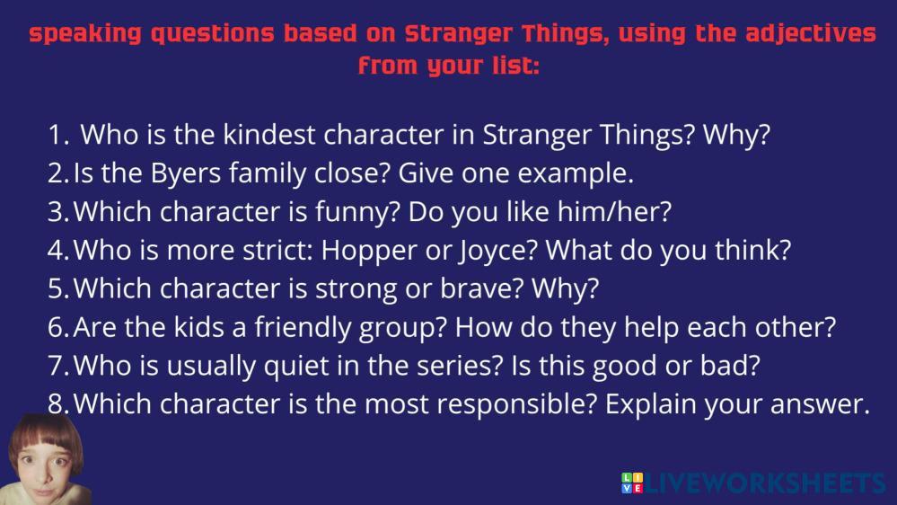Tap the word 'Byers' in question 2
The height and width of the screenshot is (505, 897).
(185, 173)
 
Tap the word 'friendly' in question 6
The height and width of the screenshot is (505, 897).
(303, 327)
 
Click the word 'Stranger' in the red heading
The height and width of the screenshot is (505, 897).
(460, 34)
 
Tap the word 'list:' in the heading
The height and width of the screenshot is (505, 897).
(515, 65)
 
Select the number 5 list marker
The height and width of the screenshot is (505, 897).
(58, 288)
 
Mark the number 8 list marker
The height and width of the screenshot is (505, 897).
(58, 404)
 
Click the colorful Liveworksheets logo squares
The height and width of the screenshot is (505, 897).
(632, 483)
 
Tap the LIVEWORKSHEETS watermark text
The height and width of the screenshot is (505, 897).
(764, 483)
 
